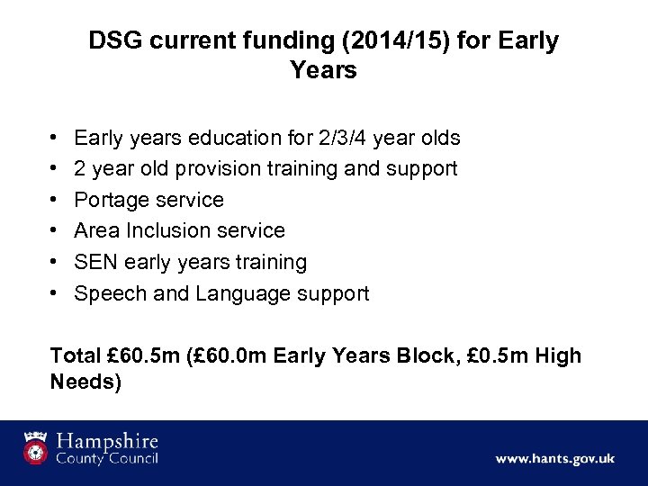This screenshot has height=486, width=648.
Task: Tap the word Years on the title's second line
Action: [324, 70]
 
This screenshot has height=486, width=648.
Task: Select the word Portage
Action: [110, 200]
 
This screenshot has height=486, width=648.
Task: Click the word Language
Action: [238, 293]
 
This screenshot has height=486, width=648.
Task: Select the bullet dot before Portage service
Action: [55, 200]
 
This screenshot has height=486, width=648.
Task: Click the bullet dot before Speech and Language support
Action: [55, 293]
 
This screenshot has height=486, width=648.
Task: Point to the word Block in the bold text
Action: [411, 356]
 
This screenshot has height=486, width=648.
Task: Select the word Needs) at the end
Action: [85, 382]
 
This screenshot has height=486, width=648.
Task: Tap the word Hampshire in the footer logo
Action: [108, 442]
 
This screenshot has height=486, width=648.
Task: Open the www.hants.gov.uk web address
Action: [554, 458]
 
